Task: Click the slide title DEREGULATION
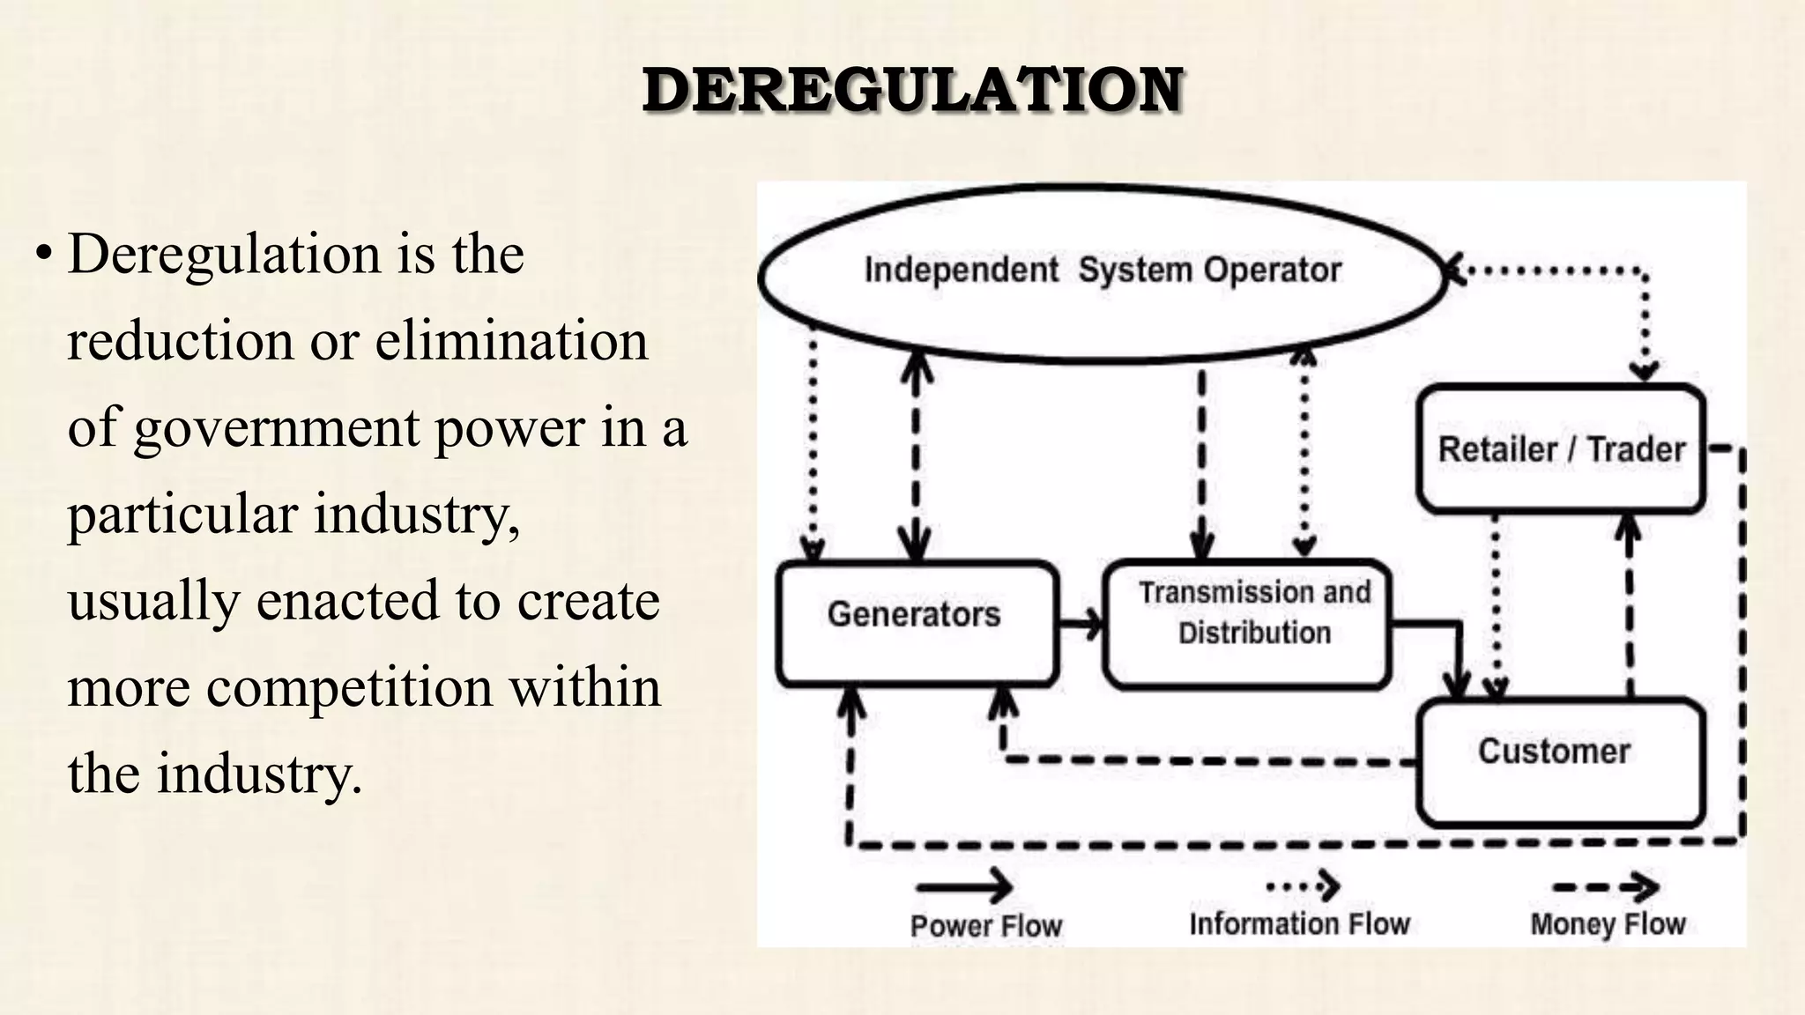[x=912, y=90]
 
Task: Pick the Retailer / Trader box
[x=1561, y=449]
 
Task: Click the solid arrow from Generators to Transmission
[x=1081, y=624]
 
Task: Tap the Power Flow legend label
[x=986, y=926]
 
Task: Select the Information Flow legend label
[x=1300, y=923]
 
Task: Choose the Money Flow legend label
[x=1608, y=923]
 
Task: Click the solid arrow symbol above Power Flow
[x=964, y=885]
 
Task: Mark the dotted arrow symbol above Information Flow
[x=1304, y=885]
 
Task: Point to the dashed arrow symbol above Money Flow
[x=1606, y=886]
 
